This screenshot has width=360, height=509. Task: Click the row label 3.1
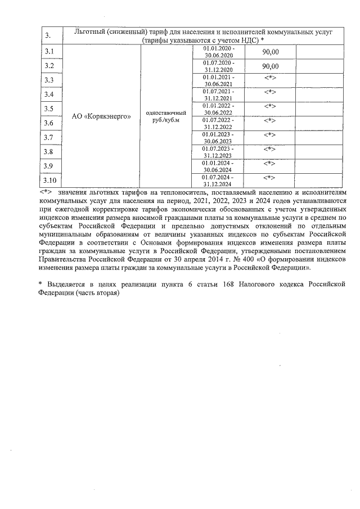49,52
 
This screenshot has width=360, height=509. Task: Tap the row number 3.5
49,109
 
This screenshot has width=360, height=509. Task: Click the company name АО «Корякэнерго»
102,116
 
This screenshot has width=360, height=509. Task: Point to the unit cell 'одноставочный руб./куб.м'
166,116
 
